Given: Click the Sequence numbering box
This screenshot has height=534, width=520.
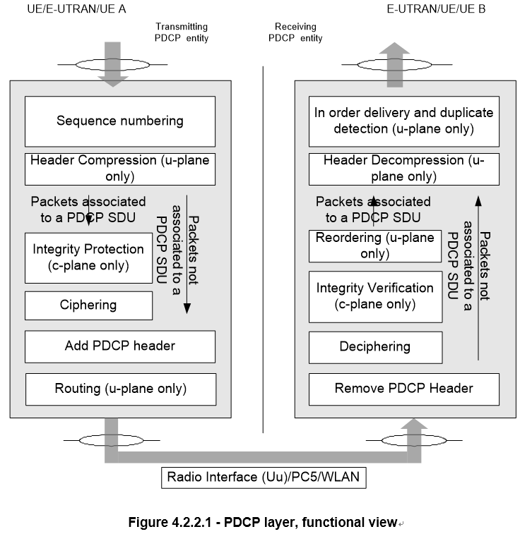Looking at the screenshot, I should point(119,121).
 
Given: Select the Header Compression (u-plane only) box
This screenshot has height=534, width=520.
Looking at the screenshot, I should point(119,169).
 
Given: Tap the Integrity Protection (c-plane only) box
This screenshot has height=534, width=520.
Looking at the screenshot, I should point(89,257).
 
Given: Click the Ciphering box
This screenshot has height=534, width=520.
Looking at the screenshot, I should point(89,305).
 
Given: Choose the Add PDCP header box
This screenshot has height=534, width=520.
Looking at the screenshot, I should point(119,346).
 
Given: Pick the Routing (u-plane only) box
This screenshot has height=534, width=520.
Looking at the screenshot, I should point(119,388).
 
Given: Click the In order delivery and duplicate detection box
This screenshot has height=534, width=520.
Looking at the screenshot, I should point(403,121).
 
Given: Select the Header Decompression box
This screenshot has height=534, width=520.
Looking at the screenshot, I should point(403,169).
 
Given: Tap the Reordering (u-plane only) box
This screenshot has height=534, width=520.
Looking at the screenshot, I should point(375,245).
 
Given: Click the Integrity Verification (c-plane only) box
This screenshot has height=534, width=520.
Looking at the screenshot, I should point(375,296).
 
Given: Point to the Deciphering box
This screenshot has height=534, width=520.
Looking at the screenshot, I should point(375,346).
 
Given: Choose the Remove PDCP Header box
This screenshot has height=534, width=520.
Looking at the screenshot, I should point(403,388).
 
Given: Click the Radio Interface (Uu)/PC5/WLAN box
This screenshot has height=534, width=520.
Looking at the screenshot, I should point(263,477).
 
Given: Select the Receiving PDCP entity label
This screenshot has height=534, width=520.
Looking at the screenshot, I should point(295,32).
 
